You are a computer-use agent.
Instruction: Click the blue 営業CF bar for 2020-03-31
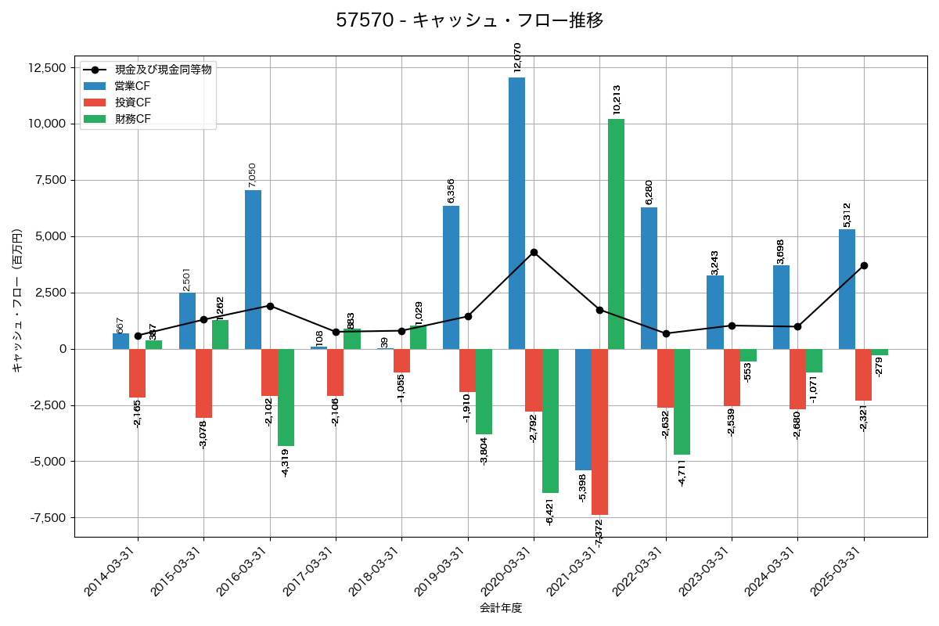pos(516,213)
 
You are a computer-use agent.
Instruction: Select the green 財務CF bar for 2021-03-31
pos(616,234)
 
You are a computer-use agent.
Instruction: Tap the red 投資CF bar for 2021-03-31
pos(599,431)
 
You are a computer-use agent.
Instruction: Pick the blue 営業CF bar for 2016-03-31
pos(253,269)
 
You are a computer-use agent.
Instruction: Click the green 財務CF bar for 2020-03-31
pos(550,420)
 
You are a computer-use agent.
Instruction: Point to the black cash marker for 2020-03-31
pos(534,252)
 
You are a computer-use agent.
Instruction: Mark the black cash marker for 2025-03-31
pos(864,265)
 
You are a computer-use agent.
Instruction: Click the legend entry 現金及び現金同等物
pos(163,70)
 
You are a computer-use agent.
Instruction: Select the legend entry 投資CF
pos(132,103)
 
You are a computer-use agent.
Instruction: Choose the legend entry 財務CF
pos(132,119)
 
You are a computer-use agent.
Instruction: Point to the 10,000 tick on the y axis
pos(47,124)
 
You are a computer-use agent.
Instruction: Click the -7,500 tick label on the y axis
pos(47,517)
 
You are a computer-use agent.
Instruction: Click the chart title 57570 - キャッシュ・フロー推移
pos(469,20)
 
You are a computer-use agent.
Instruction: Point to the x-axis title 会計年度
pos(501,608)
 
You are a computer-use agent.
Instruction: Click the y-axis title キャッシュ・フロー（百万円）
pos(17,300)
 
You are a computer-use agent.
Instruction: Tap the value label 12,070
pos(517,58)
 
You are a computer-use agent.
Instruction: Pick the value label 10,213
pos(617,100)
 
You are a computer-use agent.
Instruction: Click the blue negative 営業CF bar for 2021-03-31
pos(583,409)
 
